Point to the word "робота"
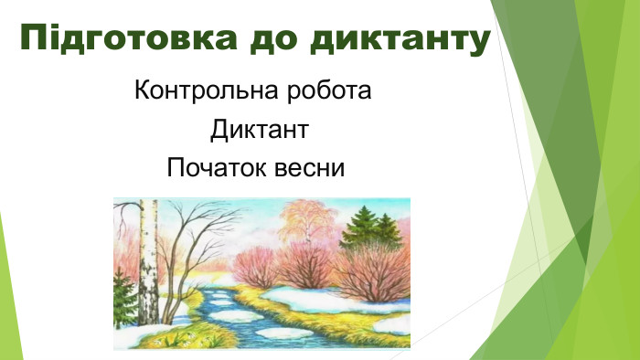[329, 91]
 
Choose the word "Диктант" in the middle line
[258, 130]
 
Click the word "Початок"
[213, 168]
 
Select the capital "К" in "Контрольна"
[141, 91]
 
